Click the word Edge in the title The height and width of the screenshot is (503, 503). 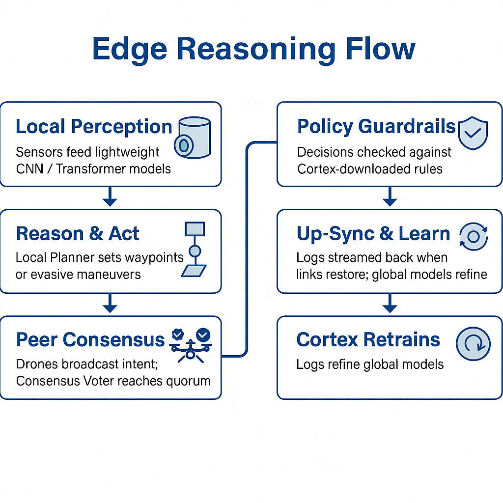coord(129,49)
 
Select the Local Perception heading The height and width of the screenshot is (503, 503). coord(94,127)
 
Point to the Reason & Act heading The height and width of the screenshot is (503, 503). coord(78,234)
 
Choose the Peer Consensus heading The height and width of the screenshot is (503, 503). coord(90,339)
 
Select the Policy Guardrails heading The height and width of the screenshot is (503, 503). coord(376,127)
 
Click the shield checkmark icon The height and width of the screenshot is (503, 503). coord(472,133)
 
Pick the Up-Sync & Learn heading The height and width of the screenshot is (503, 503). coord(373,234)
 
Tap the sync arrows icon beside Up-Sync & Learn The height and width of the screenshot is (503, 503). coord(473,237)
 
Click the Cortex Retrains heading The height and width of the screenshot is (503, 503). coord(368,339)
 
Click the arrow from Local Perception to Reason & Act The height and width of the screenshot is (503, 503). coord(110,197)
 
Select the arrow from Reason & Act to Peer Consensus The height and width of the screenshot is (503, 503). coord(110,304)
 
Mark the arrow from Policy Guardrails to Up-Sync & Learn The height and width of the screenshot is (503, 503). coord(390,197)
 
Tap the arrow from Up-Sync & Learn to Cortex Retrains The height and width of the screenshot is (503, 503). coord(390,304)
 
